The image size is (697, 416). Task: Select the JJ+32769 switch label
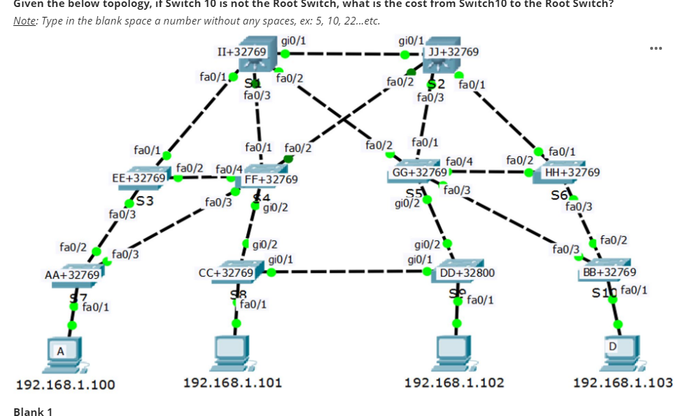[x=453, y=52]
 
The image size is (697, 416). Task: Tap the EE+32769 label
[x=139, y=178]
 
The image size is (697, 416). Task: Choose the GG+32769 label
[x=419, y=172]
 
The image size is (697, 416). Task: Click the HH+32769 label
[x=572, y=172]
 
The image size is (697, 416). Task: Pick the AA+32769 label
[x=72, y=275]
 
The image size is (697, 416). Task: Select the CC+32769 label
[x=226, y=272]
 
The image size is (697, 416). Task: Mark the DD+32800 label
[x=467, y=272]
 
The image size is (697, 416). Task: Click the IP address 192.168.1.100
[x=66, y=384]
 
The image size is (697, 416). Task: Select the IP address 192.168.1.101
[x=232, y=382]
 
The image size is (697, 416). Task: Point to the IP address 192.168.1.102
[x=454, y=382]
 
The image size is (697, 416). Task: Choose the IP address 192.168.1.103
[x=623, y=382]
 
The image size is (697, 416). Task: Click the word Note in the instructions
[x=25, y=20]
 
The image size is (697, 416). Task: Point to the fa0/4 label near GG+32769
[x=459, y=162]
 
